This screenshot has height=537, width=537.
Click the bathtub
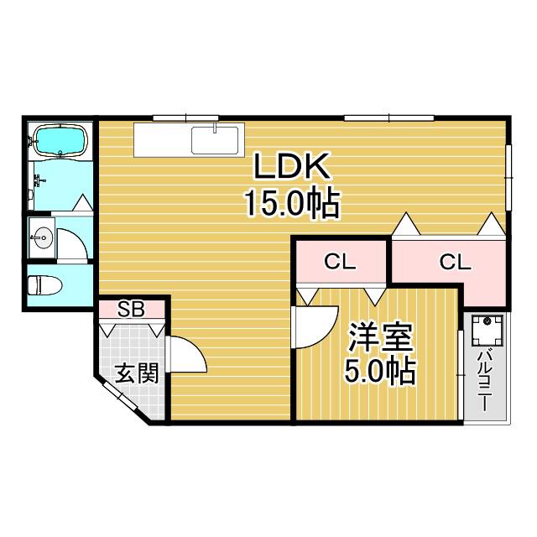point(61,141)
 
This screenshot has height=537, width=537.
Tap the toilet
point(44,285)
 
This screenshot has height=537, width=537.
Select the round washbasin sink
point(43,237)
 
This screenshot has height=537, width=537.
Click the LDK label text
point(292,166)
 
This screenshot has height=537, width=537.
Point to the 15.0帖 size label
point(292,204)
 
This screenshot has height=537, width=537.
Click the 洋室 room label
point(380,337)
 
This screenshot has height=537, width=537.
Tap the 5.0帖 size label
point(380,371)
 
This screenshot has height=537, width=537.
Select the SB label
point(131,309)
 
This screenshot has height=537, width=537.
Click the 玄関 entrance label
point(137,373)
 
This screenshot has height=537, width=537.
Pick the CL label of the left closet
point(340,262)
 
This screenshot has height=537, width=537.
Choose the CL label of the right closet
point(455,263)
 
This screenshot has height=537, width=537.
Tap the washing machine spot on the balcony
point(487,331)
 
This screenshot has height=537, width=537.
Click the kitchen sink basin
point(215,140)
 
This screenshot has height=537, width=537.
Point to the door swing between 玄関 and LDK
point(187,354)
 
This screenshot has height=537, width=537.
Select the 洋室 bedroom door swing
point(315,327)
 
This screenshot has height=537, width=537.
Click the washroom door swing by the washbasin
point(73,244)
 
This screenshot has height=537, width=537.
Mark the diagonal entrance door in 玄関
point(120,395)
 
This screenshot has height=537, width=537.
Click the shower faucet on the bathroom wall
point(39,180)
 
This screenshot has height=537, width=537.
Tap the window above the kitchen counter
point(185,118)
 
